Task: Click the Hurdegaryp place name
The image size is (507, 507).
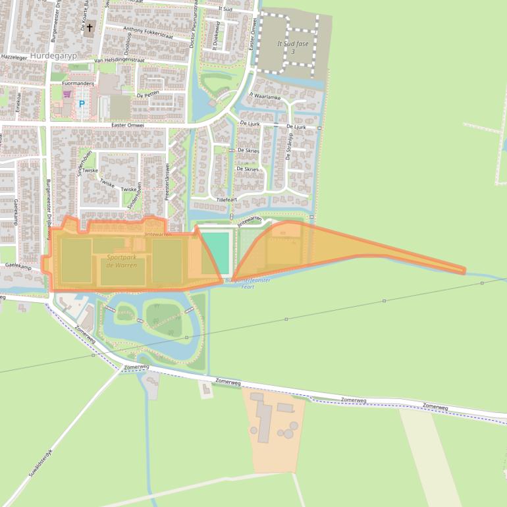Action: click(53, 57)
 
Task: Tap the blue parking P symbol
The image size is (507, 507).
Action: click(82, 104)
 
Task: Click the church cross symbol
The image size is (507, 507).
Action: click(90, 28)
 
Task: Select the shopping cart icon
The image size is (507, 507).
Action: click(67, 94)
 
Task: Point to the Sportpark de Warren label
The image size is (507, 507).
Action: click(121, 261)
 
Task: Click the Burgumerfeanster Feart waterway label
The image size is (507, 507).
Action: click(248, 283)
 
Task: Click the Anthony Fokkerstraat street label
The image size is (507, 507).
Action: click(147, 32)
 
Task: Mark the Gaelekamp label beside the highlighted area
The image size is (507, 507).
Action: click(18, 267)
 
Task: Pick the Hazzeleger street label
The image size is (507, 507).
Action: click(15, 57)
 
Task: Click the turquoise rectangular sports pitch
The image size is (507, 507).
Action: click(216, 252)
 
